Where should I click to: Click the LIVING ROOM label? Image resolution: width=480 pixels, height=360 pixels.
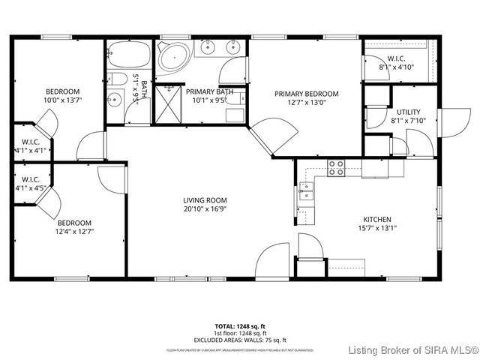205,200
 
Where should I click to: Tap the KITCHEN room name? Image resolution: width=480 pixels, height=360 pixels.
377,219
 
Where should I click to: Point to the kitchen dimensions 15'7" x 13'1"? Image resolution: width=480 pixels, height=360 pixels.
377,229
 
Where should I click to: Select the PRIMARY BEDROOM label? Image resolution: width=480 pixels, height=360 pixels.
306,94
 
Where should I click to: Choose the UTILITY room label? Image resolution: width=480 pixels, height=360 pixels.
408,112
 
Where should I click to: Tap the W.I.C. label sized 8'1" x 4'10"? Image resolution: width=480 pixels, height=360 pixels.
396,58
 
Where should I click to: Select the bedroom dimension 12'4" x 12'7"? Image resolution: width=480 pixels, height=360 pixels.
74,232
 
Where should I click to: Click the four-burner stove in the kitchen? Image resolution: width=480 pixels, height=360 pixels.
337,168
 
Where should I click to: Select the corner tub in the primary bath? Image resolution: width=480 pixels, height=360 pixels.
175,57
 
